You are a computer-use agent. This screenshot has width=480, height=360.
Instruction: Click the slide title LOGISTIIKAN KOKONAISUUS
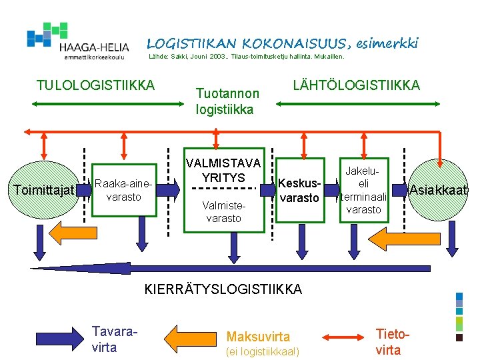283,44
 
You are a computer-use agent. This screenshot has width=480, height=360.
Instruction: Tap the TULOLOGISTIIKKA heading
95,85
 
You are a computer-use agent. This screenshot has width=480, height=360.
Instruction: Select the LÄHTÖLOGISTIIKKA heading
357,85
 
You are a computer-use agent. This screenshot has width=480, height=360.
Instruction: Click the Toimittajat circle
44,191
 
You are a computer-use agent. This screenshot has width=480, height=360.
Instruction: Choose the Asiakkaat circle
439,190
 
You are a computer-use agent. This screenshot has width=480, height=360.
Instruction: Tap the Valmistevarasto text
223,212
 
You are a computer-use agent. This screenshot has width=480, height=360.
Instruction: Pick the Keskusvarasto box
299,190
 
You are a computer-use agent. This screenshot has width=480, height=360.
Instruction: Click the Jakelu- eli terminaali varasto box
363,190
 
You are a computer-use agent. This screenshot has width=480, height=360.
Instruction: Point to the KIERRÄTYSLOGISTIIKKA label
223,289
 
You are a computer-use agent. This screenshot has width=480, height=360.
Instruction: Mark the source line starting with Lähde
245,57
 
